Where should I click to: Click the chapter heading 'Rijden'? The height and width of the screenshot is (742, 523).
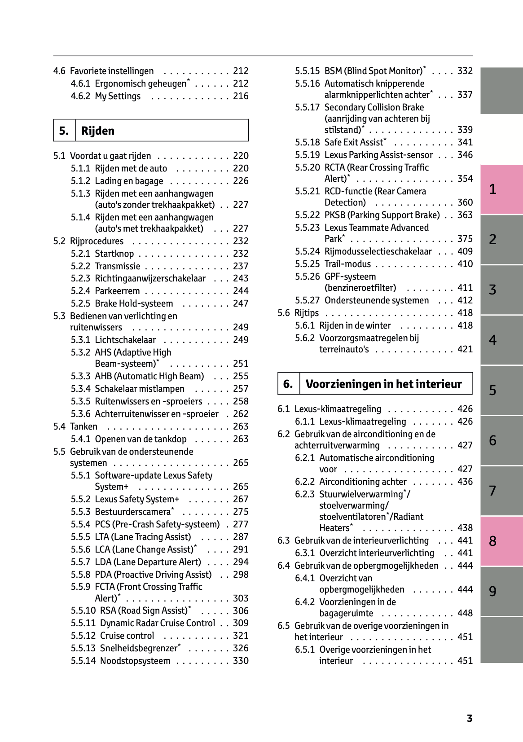coord(98,131)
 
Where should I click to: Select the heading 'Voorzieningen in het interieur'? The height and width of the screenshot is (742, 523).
coord(383,384)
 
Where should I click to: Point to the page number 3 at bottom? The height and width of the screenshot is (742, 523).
coord(470,718)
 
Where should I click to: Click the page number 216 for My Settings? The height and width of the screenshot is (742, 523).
coord(241,96)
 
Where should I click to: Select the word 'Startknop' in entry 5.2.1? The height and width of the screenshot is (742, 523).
coord(114,254)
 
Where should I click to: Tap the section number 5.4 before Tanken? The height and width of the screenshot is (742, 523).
coord(59,426)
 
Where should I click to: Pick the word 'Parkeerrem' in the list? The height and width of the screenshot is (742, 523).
coord(117,291)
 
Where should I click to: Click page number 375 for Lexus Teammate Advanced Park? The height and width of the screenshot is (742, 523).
coord(465,239)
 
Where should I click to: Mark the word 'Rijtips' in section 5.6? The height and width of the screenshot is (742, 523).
coord(307,313)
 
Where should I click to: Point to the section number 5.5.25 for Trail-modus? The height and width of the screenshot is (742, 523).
coord(307,264)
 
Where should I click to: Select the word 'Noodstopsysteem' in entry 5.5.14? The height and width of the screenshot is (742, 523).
coord(135,661)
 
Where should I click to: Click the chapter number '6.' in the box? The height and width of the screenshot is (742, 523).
coord(288,384)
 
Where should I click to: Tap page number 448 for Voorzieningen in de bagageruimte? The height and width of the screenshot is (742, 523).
coord(465,613)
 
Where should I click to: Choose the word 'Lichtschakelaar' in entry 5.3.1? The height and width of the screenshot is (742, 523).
coord(125,340)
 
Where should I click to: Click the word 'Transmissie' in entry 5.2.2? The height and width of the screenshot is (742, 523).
coord(118,266)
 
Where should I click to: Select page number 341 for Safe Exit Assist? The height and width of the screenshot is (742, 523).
coord(465,142)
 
